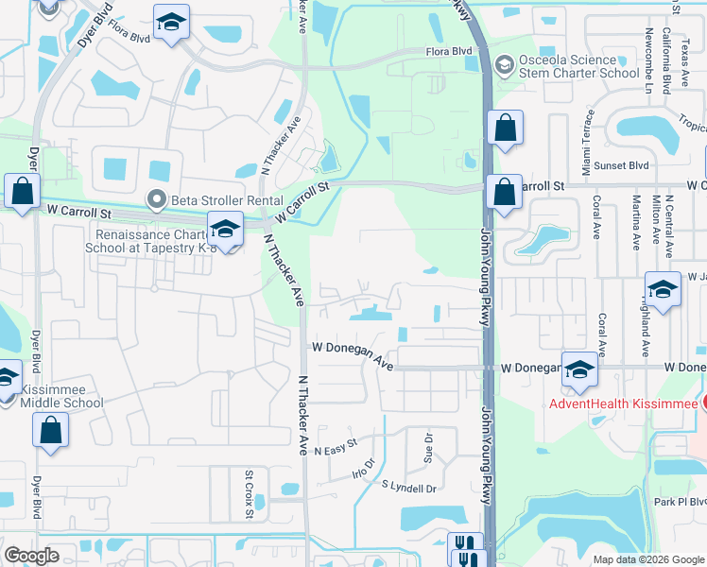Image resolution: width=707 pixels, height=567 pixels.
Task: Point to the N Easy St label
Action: point(336,445)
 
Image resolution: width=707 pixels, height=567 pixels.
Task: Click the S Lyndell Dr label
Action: point(408,488)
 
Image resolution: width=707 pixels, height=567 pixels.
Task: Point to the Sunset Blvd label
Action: point(626,164)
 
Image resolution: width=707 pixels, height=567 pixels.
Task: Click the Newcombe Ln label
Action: point(647,62)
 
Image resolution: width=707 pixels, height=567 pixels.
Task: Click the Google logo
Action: point(31,556)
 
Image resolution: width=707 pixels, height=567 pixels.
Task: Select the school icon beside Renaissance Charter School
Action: point(225,228)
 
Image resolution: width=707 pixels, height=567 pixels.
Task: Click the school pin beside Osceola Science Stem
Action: point(504,64)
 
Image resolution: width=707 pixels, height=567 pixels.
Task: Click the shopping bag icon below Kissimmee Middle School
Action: point(50,430)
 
